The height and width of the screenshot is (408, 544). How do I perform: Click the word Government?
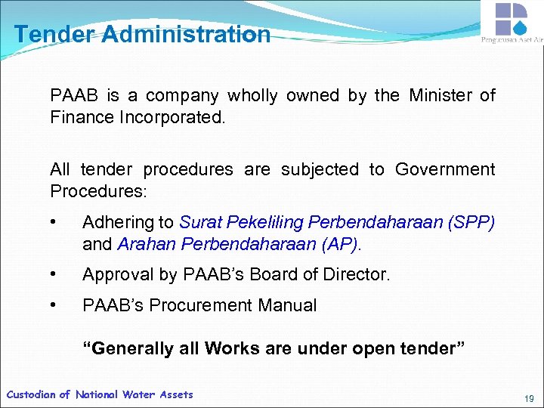pyautogui.click(x=445, y=169)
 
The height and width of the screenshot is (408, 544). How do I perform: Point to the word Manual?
pyautogui.click(x=291, y=305)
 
